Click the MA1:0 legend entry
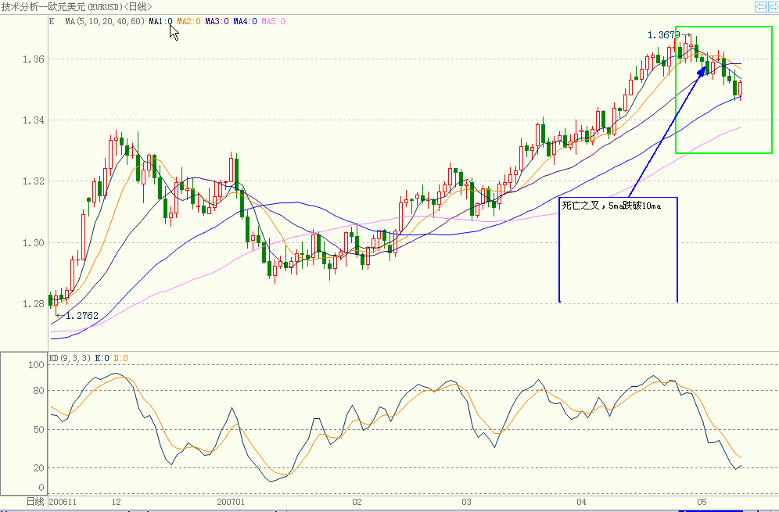click(160, 22)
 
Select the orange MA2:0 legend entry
click(188, 22)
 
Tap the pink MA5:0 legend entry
click(273, 22)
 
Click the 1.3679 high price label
click(663, 35)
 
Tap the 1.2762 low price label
click(82, 317)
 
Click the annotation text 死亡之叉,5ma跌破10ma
click(611, 206)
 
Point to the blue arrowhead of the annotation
click(702, 70)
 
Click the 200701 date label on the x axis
click(231, 502)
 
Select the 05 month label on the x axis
click(702, 502)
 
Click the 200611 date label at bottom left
click(64, 502)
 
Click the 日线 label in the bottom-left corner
click(35, 502)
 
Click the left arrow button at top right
click(760, 6)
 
